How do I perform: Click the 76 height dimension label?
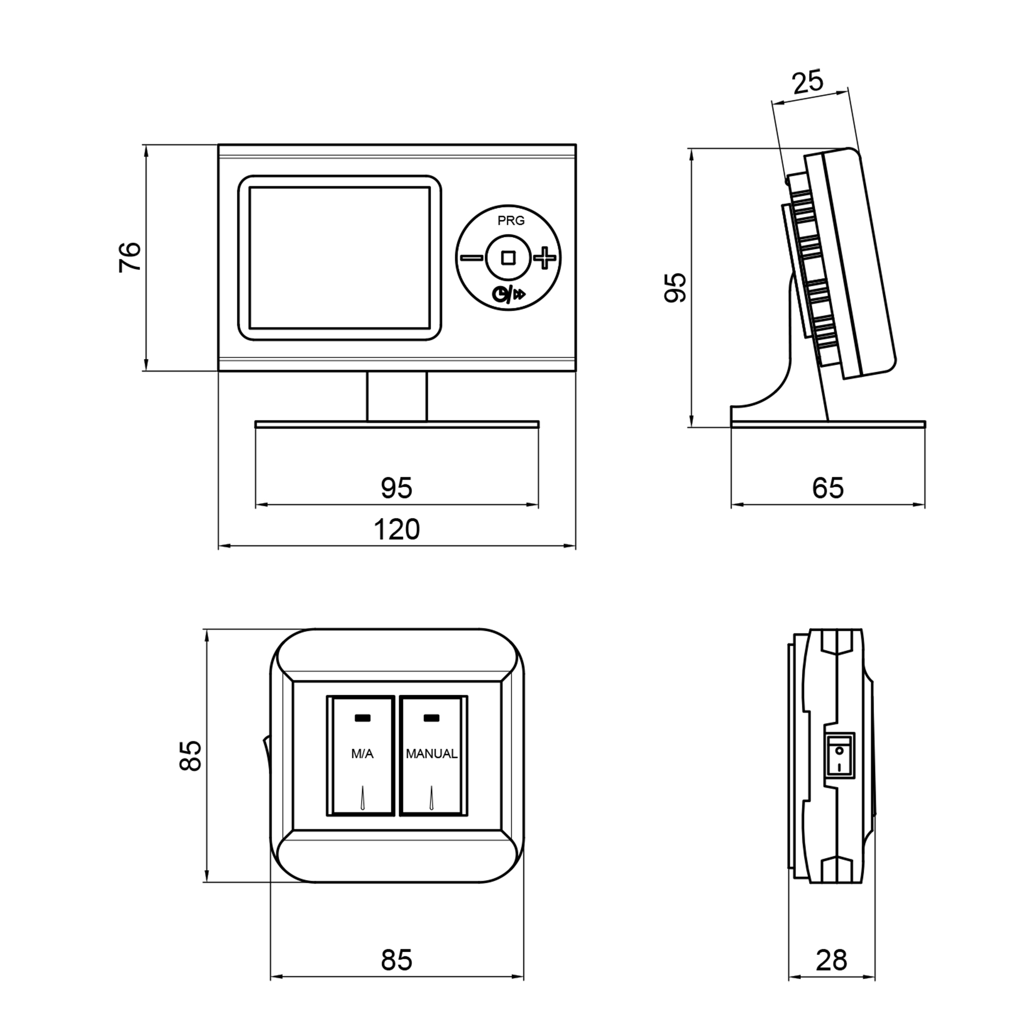(130, 257)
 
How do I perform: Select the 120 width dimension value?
(397, 529)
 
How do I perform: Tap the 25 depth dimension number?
(808, 82)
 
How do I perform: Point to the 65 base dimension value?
(828, 488)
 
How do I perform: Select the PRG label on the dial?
(511, 221)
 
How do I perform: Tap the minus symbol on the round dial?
(471, 258)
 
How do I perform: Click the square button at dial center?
(508, 258)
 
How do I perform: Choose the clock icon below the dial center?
(501, 294)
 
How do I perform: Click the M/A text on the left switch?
(362, 754)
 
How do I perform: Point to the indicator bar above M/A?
(363, 717)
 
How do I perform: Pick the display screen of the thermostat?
(339, 257)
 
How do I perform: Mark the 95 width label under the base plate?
(397, 488)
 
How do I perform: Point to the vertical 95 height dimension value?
(676, 287)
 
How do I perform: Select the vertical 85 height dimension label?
(191, 756)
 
